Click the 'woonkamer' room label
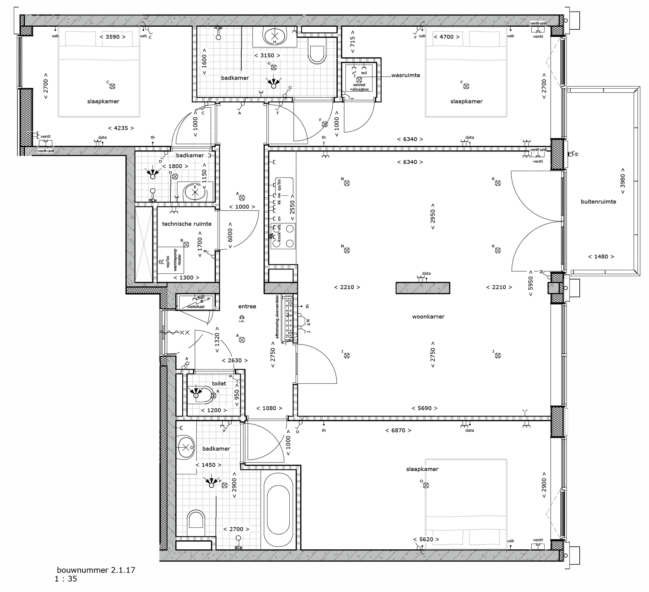click(428, 317)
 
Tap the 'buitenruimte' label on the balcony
click(598, 202)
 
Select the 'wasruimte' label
click(405, 75)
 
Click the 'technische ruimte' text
click(187, 224)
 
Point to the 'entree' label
click(247, 307)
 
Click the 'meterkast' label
click(196, 307)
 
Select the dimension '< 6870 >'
click(398, 431)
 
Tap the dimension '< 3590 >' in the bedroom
click(113, 37)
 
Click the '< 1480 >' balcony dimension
click(601, 257)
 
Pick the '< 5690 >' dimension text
click(425, 408)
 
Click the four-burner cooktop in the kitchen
click(283, 236)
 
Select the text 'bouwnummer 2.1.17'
click(96, 570)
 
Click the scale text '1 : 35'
click(66, 579)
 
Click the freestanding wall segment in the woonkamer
click(423, 288)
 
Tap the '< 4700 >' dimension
click(446, 37)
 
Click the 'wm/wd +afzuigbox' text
click(359, 87)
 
